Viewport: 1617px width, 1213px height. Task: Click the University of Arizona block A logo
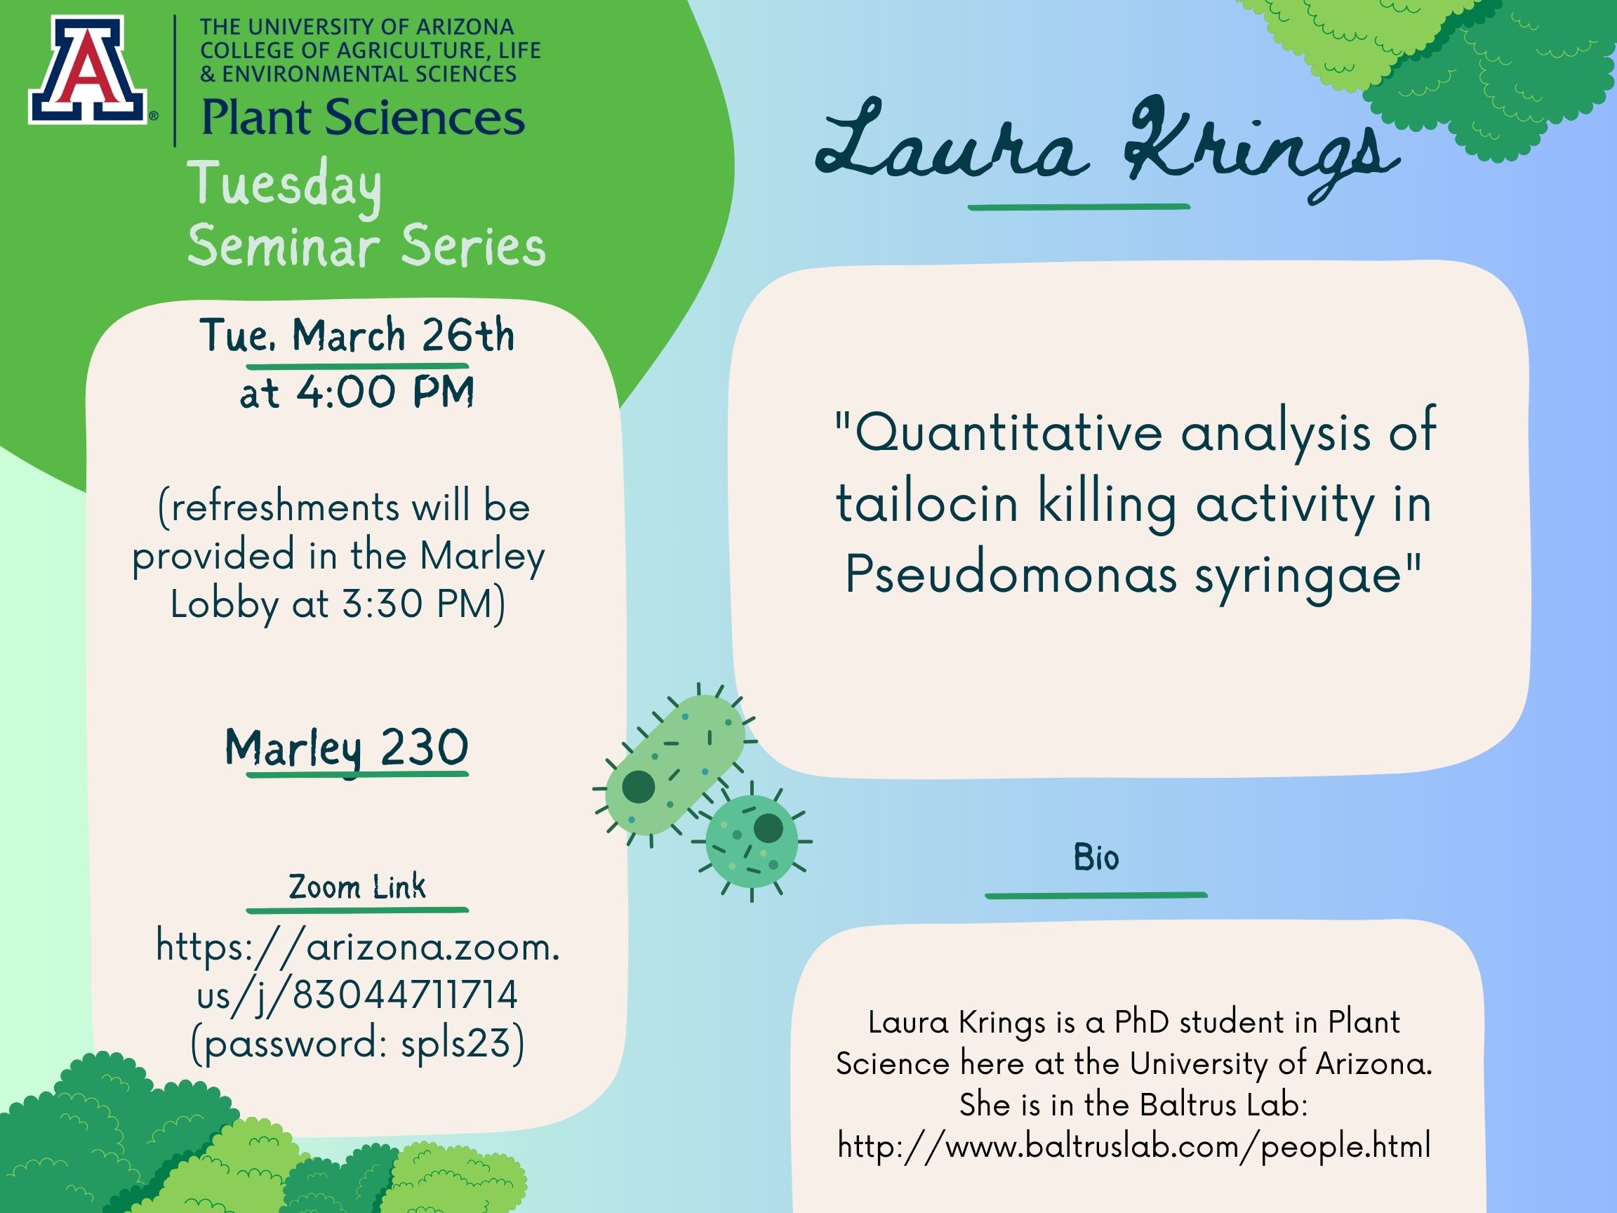point(88,70)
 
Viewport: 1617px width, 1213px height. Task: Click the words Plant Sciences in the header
point(363,118)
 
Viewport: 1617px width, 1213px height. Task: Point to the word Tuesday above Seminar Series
point(284,187)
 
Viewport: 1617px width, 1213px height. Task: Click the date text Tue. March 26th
point(357,336)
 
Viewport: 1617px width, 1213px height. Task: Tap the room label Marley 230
point(347,748)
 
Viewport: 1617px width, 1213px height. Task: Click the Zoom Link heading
point(357,887)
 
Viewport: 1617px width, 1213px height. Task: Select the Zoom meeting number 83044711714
point(405,995)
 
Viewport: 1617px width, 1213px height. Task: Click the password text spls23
point(455,1042)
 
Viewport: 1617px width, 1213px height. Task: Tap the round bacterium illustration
point(751,842)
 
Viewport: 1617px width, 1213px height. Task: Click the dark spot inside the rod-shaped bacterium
point(638,787)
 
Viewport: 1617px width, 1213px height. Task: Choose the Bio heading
point(1096,858)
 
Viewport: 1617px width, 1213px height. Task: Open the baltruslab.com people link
point(1134,1146)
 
